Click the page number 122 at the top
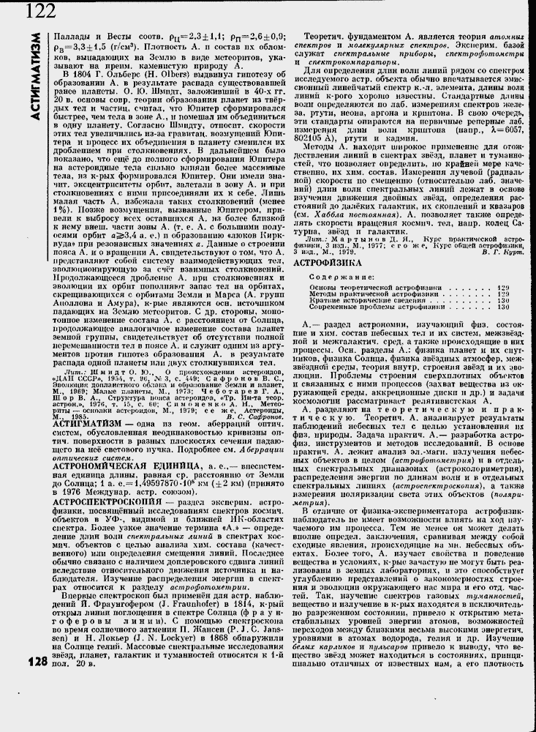(x=40, y=10)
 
